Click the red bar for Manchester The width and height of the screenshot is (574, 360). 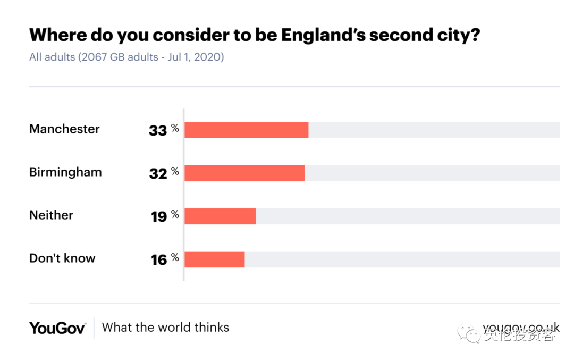(x=246, y=130)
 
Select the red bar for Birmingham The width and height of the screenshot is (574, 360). (x=244, y=173)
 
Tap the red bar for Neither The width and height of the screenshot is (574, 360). (x=220, y=216)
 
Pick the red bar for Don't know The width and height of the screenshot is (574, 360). (x=214, y=259)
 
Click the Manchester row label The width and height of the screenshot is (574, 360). (x=64, y=129)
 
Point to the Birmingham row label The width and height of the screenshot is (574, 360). (x=65, y=172)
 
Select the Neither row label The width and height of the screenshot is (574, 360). (x=51, y=215)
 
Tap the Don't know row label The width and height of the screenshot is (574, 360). (x=62, y=258)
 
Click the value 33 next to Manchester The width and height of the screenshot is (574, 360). (x=158, y=130)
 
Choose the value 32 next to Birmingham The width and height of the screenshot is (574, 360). (x=158, y=173)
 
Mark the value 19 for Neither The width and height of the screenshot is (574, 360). (x=159, y=216)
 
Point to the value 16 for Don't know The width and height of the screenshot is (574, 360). (x=159, y=259)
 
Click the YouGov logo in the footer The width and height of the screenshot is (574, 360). (x=57, y=328)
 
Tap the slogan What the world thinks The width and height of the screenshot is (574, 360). (x=165, y=328)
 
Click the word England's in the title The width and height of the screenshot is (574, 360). (x=323, y=35)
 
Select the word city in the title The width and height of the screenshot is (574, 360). (x=452, y=35)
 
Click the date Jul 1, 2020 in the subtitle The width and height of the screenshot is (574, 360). (x=194, y=57)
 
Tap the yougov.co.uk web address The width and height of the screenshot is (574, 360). (x=521, y=328)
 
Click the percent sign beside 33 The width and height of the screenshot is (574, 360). (x=175, y=129)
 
